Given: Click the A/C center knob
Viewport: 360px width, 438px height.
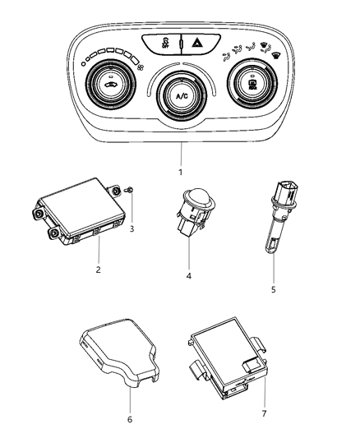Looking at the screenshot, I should pos(180,97).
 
